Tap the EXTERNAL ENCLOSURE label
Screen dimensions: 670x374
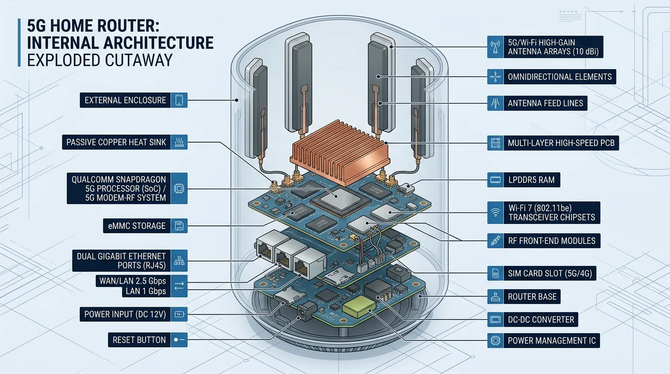[125, 100]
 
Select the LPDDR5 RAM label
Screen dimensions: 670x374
[532, 180]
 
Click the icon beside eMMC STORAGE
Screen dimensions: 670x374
[179, 225]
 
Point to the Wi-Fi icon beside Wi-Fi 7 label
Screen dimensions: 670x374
[495, 213]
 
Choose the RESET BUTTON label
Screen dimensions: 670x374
[139, 340]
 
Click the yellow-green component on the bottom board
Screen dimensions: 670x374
[359, 306]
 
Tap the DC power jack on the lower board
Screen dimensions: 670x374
[307, 311]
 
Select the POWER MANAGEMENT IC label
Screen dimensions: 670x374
[552, 340]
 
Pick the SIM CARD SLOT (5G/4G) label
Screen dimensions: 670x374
[550, 273]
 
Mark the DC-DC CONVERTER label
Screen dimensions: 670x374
[541, 319]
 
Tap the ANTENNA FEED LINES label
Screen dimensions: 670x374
[545, 103]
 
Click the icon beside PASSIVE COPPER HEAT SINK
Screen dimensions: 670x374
[179, 142]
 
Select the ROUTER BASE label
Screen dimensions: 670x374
[532, 297]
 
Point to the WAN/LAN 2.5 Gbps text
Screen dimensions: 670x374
[132, 281]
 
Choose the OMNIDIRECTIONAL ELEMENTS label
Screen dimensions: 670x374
[559, 77]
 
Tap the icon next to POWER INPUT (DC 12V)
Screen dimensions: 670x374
[179, 314]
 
